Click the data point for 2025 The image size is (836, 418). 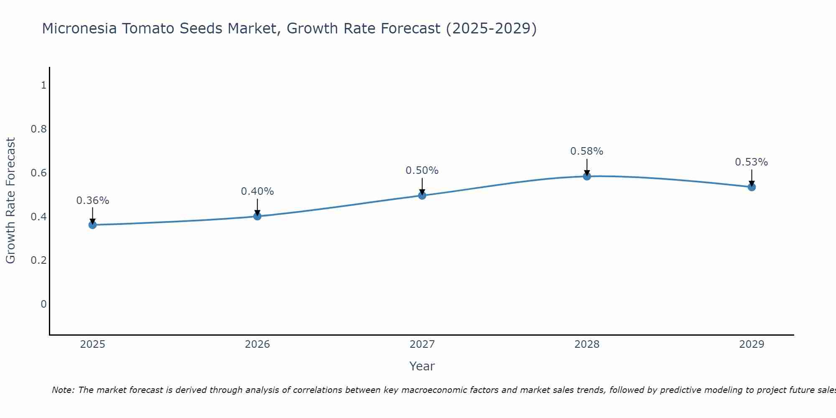[92, 225]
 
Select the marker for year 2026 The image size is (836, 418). [257, 216]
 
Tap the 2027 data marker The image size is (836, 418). [422, 195]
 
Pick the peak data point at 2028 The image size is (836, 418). [587, 176]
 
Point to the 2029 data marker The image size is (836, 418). [752, 187]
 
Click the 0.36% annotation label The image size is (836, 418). [92, 201]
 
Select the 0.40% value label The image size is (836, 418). [257, 191]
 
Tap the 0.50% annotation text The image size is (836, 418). [422, 171]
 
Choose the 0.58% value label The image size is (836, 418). [587, 151]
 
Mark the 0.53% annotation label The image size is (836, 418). [752, 162]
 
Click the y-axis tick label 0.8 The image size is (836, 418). [38, 129]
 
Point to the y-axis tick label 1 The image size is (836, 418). [43, 85]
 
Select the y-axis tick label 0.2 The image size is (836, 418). [38, 260]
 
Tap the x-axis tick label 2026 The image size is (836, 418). [257, 344]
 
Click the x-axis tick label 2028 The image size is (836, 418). [587, 344]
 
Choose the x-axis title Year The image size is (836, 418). [422, 366]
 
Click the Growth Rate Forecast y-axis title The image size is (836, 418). [11, 201]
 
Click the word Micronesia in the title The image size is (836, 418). [79, 28]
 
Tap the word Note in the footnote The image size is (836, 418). [63, 390]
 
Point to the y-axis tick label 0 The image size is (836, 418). [43, 304]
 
